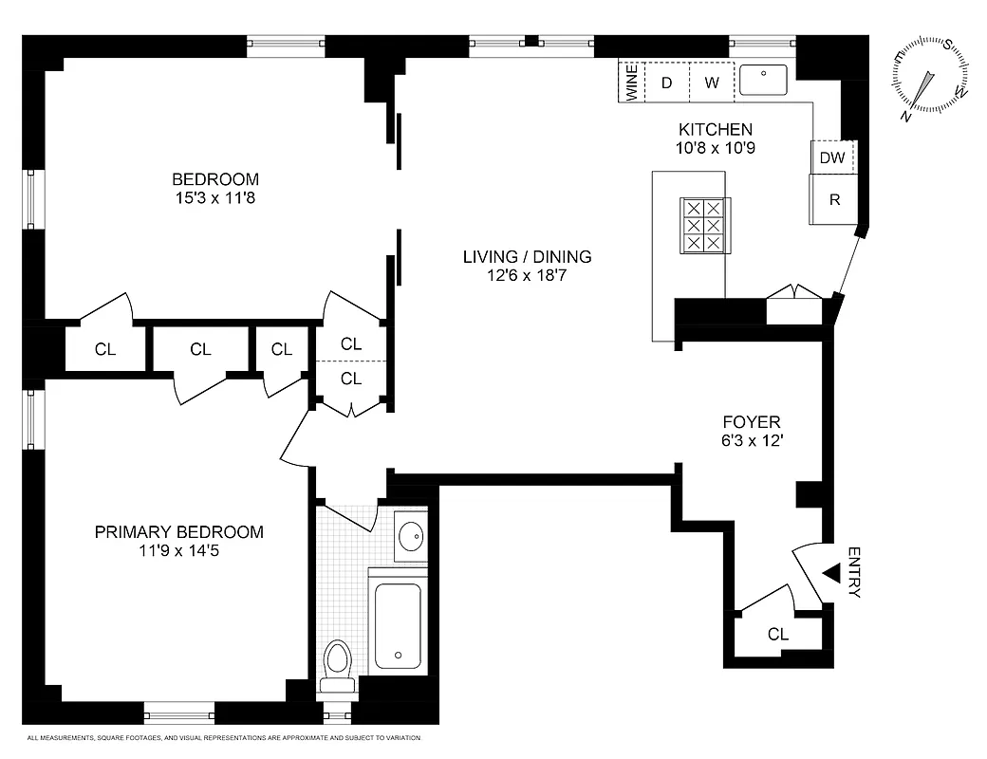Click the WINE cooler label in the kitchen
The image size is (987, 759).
click(x=631, y=83)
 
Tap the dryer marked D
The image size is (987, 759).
click(x=666, y=83)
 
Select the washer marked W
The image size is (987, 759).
click(x=712, y=83)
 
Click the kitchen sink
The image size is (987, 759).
click(x=764, y=81)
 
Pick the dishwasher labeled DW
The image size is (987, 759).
click(x=832, y=157)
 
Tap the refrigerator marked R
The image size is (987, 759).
click(x=834, y=199)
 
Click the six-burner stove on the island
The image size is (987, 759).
click(x=703, y=226)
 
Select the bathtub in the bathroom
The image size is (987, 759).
click(x=398, y=624)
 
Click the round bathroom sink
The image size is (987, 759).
click(x=411, y=537)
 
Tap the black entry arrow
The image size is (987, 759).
click(x=831, y=573)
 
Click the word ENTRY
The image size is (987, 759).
click(x=853, y=572)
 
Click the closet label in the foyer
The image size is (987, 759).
click(x=778, y=635)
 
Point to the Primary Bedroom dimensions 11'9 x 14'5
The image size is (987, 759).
click(x=178, y=550)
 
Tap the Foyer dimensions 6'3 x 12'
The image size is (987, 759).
click(x=751, y=440)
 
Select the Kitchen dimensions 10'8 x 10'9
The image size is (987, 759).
click(x=715, y=148)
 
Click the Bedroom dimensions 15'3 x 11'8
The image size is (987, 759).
click(x=214, y=198)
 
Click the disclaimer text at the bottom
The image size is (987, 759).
click(x=224, y=737)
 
